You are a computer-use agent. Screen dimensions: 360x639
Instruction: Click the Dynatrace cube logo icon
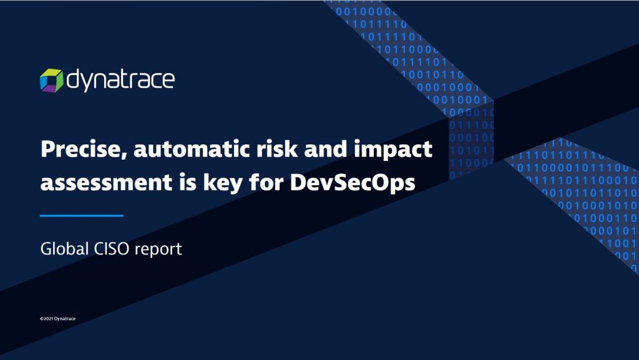point(51,80)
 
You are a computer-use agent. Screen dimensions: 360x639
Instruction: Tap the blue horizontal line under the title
point(82,215)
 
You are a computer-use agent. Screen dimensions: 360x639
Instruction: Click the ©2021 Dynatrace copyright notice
point(57,318)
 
